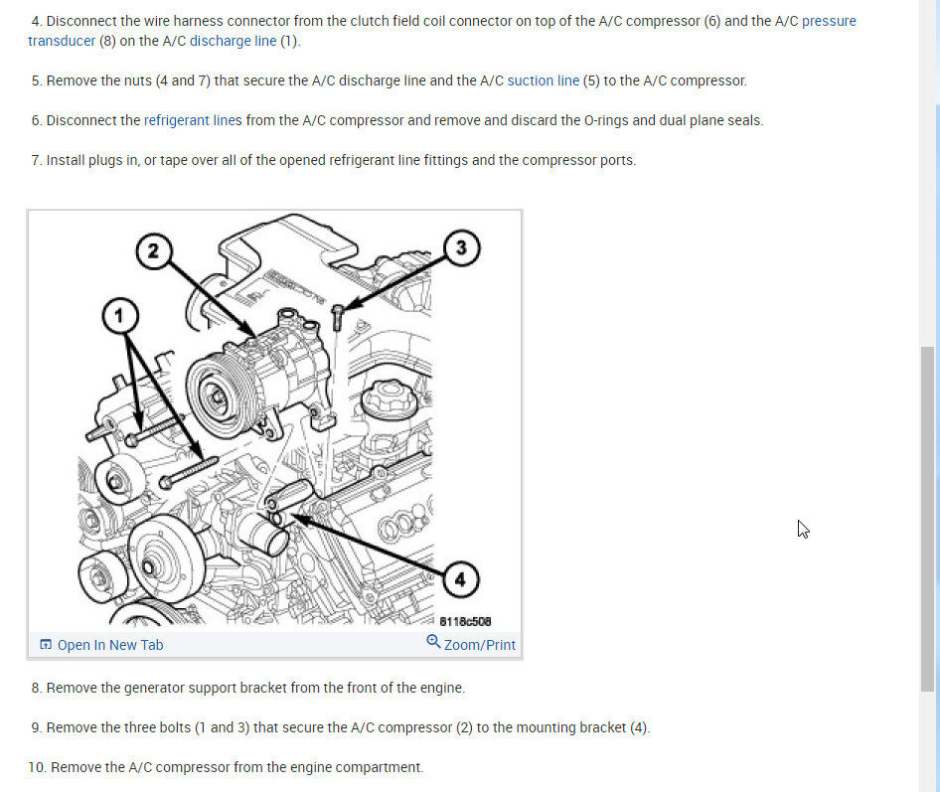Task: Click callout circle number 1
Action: [120, 316]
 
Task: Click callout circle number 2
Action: [153, 250]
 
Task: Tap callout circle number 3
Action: [462, 247]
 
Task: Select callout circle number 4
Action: [460, 579]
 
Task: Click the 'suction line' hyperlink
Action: [544, 80]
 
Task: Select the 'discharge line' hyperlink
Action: [233, 41]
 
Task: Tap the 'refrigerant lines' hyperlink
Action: [193, 120]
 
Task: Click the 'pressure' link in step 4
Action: [829, 22]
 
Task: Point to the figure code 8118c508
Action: [465, 622]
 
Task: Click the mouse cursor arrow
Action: [803, 530]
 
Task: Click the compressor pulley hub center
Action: [218, 396]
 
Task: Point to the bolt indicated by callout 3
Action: [338, 317]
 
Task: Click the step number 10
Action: [37, 767]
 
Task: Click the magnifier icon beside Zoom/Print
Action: [433, 642]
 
